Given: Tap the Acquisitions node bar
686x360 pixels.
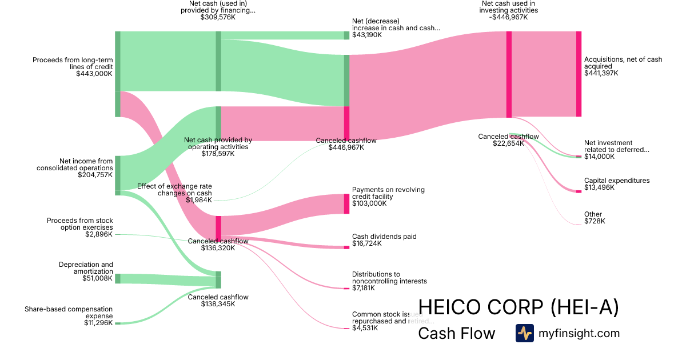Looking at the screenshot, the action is [579, 74].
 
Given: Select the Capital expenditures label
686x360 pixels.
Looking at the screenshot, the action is [617, 181].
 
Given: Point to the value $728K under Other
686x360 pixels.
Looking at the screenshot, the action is [595, 221].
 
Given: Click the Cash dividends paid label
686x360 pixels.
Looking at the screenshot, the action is [384, 237].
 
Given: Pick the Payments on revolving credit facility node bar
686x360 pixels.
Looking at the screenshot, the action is [346, 203].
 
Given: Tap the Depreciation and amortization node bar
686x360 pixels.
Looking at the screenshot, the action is [118, 278].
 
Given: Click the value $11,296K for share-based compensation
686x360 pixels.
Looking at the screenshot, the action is [98, 323].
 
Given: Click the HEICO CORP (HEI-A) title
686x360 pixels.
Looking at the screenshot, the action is [518, 307].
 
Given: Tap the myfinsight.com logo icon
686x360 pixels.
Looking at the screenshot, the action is [524, 333].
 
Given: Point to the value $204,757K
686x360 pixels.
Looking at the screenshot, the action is [95, 175].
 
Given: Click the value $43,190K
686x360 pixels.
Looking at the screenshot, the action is [368, 35].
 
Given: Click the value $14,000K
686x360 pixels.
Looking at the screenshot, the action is [599, 157].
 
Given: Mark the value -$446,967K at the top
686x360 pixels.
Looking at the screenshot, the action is [509, 17].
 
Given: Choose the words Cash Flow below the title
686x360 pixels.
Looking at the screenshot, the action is [456, 333].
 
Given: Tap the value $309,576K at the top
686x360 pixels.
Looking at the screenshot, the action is [218, 17].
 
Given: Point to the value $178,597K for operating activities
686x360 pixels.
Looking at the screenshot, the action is [218, 154].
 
